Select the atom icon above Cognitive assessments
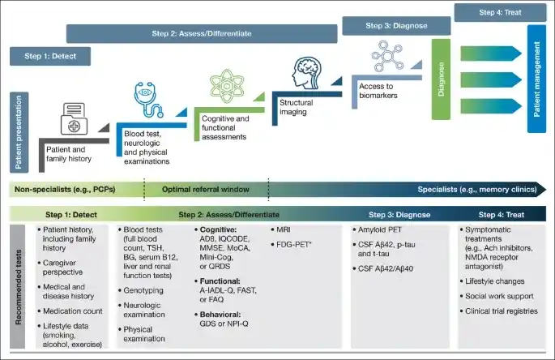pyautogui.click(x=229, y=88)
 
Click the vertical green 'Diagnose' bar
pyautogui.click(x=441, y=79)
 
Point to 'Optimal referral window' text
pyautogui.click(x=206, y=189)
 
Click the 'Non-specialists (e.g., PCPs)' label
pyautogui.click(x=63, y=189)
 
